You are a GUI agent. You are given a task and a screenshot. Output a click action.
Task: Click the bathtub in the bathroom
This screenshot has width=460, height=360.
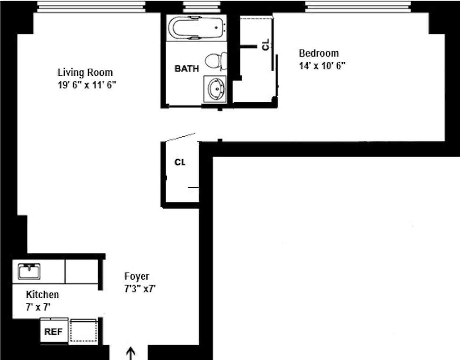point(196,28)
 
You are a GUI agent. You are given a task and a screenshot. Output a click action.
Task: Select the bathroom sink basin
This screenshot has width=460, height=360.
point(215,89)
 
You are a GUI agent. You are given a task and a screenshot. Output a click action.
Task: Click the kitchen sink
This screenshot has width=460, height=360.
point(29,271)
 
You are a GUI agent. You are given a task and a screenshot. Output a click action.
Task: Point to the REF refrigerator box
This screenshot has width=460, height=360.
point(54,331)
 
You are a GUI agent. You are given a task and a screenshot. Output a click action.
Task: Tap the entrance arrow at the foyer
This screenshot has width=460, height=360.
point(131,353)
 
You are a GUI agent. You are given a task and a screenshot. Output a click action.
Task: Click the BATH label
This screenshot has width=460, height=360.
point(186,69)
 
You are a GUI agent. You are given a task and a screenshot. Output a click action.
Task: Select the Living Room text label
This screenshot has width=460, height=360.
point(85,72)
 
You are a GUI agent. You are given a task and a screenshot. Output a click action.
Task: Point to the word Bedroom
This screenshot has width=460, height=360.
point(319,53)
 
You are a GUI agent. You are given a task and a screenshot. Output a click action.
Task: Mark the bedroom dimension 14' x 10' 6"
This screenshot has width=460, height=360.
point(322,66)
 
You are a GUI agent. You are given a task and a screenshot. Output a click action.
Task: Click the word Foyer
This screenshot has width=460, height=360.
point(137,276)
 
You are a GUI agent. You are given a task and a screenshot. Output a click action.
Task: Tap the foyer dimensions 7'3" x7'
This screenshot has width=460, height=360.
point(140,289)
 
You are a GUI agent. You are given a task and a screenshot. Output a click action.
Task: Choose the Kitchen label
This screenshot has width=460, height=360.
point(42,295)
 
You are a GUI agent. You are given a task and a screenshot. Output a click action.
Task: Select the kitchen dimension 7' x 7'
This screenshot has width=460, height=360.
point(38,307)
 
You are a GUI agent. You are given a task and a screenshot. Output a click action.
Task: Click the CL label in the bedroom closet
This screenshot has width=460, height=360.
point(266,44)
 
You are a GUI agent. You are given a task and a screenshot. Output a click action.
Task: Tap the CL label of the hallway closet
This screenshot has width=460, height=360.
point(180,162)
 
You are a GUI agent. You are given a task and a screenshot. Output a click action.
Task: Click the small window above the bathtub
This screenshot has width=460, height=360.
point(202,7)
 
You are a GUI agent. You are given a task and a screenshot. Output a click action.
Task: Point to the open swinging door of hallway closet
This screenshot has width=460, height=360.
point(181,137)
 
